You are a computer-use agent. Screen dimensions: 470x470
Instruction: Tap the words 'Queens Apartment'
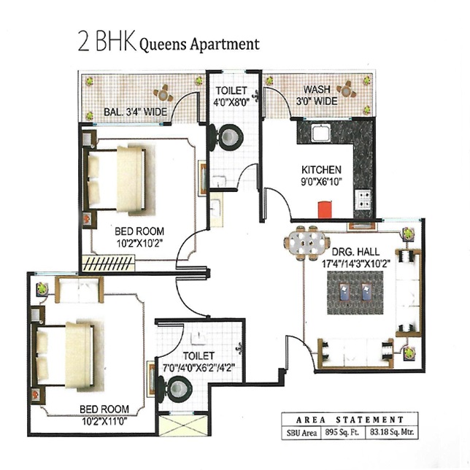[199, 45]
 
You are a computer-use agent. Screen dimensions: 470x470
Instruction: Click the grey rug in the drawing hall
[355, 293]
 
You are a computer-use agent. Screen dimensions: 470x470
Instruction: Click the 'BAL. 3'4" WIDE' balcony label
[136, 112]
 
